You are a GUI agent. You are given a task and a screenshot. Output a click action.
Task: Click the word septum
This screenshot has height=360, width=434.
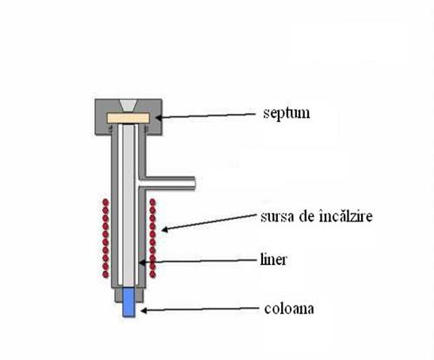coord(286,113)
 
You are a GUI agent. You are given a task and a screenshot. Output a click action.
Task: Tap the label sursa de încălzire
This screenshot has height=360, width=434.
coord(316,216)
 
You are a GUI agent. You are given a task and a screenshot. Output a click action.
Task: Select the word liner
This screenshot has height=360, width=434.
coord(273,260)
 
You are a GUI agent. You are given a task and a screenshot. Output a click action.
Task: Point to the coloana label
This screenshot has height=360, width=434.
coord(289,309)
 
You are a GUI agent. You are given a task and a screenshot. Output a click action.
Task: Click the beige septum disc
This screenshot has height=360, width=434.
coord(128,118)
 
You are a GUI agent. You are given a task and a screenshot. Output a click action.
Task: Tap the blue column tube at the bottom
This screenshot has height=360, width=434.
coord(129,302)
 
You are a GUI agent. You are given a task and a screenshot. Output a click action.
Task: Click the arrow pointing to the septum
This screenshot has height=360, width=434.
coord(205,116)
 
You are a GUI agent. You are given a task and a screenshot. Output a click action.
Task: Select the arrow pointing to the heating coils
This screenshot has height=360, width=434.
coord(210,222)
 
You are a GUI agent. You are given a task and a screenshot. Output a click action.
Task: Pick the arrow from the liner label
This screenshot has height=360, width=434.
coord(198,261)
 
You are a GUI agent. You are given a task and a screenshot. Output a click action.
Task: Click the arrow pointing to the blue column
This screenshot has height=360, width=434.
coord(200,309)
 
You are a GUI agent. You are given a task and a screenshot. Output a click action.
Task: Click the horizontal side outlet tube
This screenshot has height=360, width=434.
coord(168,184)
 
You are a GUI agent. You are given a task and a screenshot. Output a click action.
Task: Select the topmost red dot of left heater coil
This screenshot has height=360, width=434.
coord(105,203)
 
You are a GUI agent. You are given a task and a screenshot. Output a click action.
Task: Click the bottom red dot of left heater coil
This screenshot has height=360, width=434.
coord(105,275)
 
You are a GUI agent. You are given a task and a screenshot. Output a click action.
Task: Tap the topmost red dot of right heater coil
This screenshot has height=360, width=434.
coord(153,203)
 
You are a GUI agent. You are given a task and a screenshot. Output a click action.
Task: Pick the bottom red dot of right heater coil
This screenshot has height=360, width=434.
coord(153,275)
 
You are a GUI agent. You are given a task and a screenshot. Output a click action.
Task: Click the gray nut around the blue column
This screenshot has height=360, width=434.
coord(129,295)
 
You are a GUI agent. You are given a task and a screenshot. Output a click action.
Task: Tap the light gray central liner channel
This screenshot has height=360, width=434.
coord(128,205)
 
